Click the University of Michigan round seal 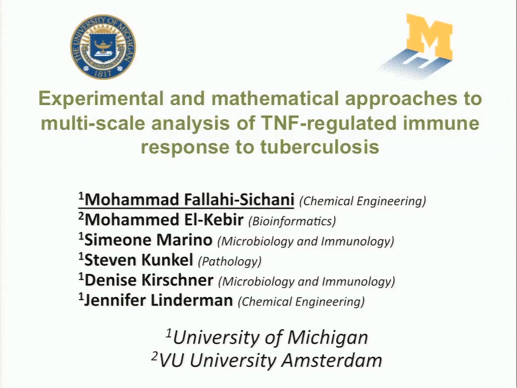point(103,47)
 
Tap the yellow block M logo point(429,36)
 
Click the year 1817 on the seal point(102,73)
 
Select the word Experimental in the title point(101,99)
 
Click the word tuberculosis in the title point(320,147)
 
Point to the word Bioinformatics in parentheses point(292,221)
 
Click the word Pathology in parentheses point(230,261)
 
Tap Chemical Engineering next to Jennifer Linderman point(301,302)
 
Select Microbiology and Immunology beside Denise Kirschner point(306,281)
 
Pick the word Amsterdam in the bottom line point(332,360)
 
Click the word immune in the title point(440,123)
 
